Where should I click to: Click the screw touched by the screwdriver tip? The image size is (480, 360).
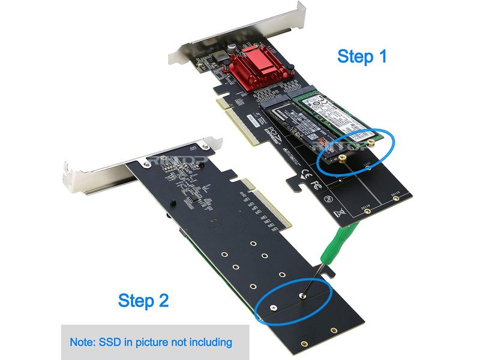tap(300, 295)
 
